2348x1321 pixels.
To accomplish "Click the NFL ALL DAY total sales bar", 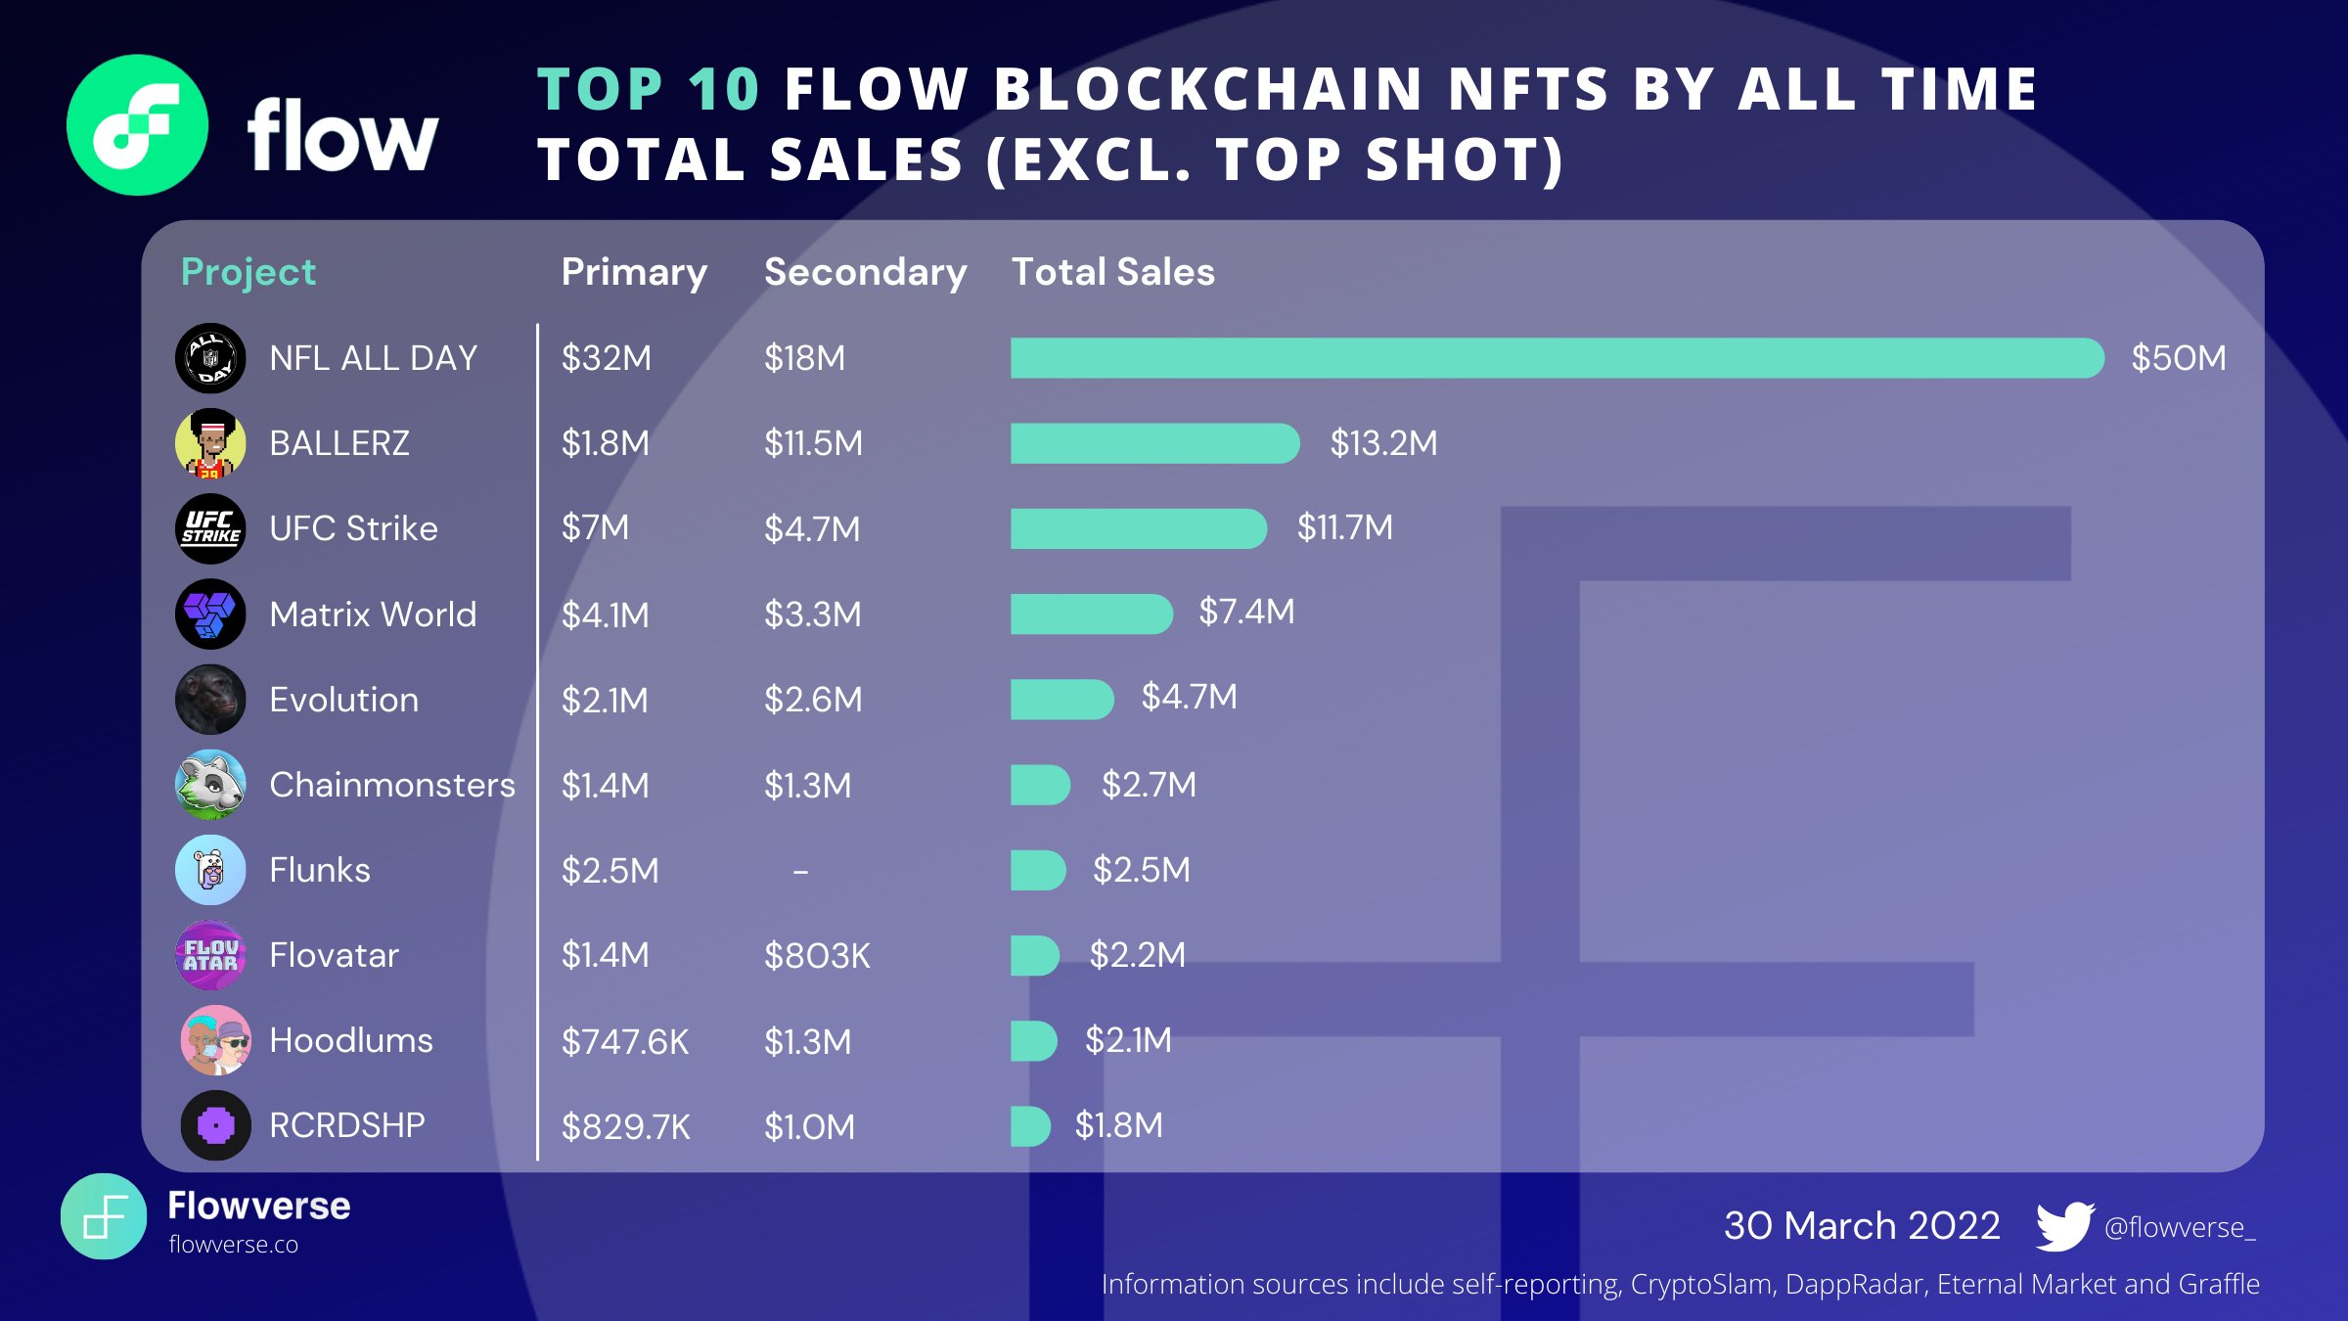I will coord(1556,358).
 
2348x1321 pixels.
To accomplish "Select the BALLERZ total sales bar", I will coord(1154,443).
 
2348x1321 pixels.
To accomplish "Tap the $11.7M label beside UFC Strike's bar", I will coord(1344,527).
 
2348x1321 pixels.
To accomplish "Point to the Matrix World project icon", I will coord(210,615).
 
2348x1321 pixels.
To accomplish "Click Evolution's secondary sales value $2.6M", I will coord(813,700).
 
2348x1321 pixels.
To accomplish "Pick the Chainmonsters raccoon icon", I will coord(210,785).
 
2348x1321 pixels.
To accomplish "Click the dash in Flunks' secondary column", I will coord(800,871).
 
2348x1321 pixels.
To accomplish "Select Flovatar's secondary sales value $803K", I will coord(817,956).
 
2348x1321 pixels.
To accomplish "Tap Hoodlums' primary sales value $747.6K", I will coord(624,1042).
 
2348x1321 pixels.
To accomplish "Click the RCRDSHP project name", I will coord(346,1125).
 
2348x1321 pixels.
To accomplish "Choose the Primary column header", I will coord(634,272).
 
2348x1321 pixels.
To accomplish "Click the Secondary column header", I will coord(865,272).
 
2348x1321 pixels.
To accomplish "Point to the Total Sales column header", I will coord(1112,272).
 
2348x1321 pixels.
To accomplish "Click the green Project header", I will coord(248,272).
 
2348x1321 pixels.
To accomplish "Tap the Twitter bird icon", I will coord(2063,1226).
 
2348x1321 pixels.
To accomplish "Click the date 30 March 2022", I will coord(1861,1226).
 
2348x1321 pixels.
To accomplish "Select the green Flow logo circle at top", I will coord(137,125).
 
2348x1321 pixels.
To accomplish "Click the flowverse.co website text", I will coord(233,1245).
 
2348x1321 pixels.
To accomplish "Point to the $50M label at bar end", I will coord(2178,358).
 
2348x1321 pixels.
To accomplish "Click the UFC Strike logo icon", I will coord(210,528).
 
